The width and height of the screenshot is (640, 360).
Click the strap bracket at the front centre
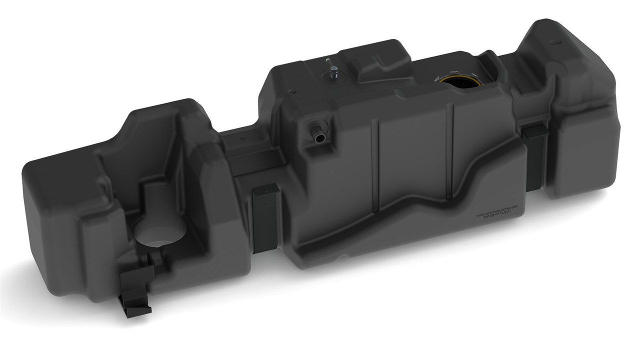pyautogui.click(x=265, y=217)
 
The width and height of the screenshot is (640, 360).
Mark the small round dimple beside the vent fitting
pyautogui.click(x=293, y=91)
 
